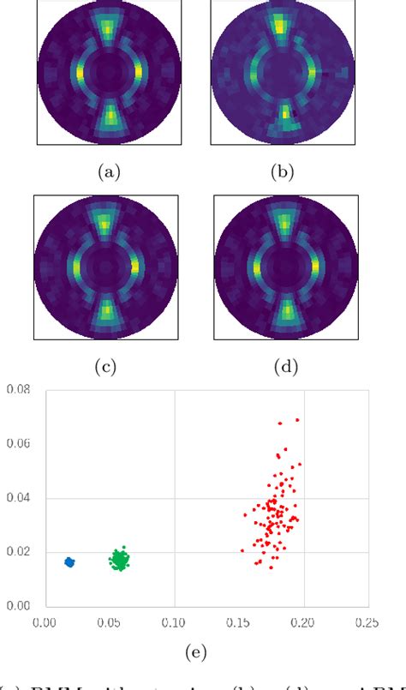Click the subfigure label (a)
click(x=108, y=172)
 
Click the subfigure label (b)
click(x=282, y=172)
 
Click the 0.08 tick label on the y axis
click(x=17, y=390)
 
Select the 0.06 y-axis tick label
click(x=17, y=444)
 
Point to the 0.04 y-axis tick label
click(x=17, y=498)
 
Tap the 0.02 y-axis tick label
click(x=17, y=552)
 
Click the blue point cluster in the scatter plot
click(x=70, y=562)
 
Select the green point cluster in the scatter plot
click(x=121, y=561)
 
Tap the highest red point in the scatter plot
click(x=297, y=420)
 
